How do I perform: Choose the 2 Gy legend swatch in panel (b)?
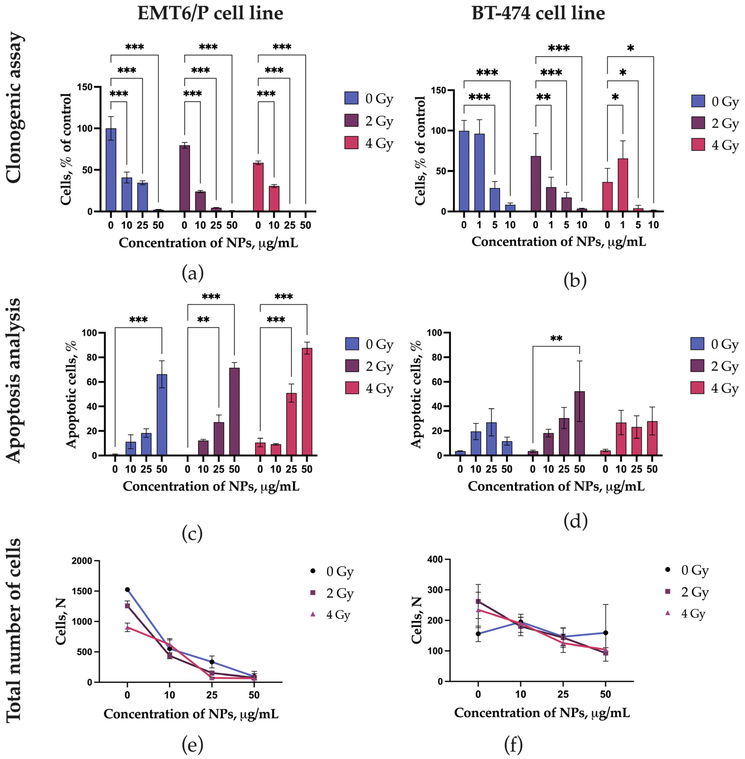point(698,123)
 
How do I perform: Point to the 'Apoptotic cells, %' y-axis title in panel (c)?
point(71,394)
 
